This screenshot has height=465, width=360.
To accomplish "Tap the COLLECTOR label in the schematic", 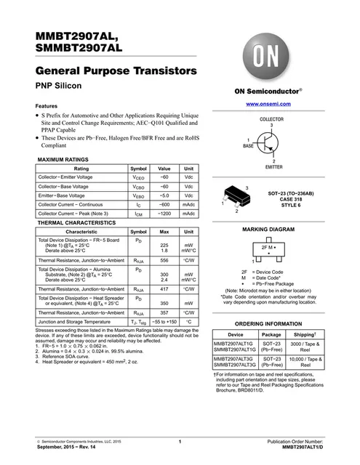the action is pyautogui.click(x=271, y=118).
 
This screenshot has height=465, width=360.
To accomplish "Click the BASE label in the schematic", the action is pyautogui.click(x=249, y=145).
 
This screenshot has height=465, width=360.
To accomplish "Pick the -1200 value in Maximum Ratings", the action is pyautogui.click(x=164, y=214).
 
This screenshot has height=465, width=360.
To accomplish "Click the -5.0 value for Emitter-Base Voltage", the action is pyautogui.click(x=164, y=195).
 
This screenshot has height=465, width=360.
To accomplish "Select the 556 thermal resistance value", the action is pyautogui.click(x=164, y=259).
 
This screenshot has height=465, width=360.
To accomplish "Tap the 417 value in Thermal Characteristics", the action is pyautogui.click(x=164, y=289).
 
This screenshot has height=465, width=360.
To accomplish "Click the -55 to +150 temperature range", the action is pyautogui.click(x=164, y=320).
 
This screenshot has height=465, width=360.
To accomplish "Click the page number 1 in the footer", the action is pyautogui.click(x=180, y=442).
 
